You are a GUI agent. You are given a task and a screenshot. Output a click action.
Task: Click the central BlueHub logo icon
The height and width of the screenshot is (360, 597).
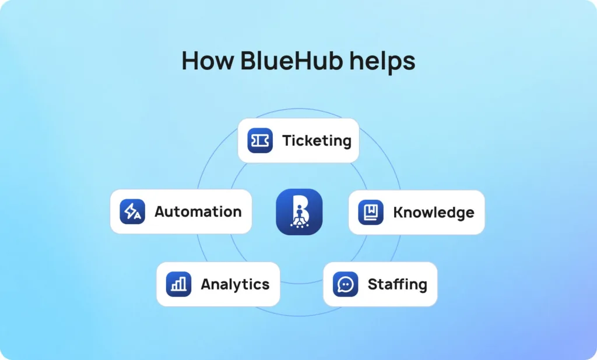[299, 212]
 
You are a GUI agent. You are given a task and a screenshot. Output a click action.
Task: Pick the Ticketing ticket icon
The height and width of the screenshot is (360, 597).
[260, 141]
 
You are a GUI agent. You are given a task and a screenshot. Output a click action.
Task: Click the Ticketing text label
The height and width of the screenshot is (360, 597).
[317, 141]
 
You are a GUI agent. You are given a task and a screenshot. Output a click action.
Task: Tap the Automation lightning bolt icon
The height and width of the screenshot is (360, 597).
[132, 211]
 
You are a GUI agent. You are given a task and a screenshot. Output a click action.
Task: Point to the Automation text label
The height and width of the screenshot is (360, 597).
[198, 211]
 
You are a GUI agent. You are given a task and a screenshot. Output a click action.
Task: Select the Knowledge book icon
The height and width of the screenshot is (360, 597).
[371, 212]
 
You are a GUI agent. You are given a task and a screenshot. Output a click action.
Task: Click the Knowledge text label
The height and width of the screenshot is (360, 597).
[434, 213]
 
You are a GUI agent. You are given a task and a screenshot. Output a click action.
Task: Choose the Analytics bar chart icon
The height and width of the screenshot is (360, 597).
[178, 284]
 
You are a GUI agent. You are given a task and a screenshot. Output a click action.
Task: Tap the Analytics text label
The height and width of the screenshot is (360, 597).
[235, 284]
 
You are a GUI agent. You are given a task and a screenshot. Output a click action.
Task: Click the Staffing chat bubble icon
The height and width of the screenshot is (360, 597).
[346, 284]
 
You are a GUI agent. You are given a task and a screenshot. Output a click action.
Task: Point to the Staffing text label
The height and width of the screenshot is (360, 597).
[397, 285]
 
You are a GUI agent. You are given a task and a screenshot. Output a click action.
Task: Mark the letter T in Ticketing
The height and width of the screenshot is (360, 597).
[287, 141]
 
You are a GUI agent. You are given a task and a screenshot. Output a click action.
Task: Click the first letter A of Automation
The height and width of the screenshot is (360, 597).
[160, 211]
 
